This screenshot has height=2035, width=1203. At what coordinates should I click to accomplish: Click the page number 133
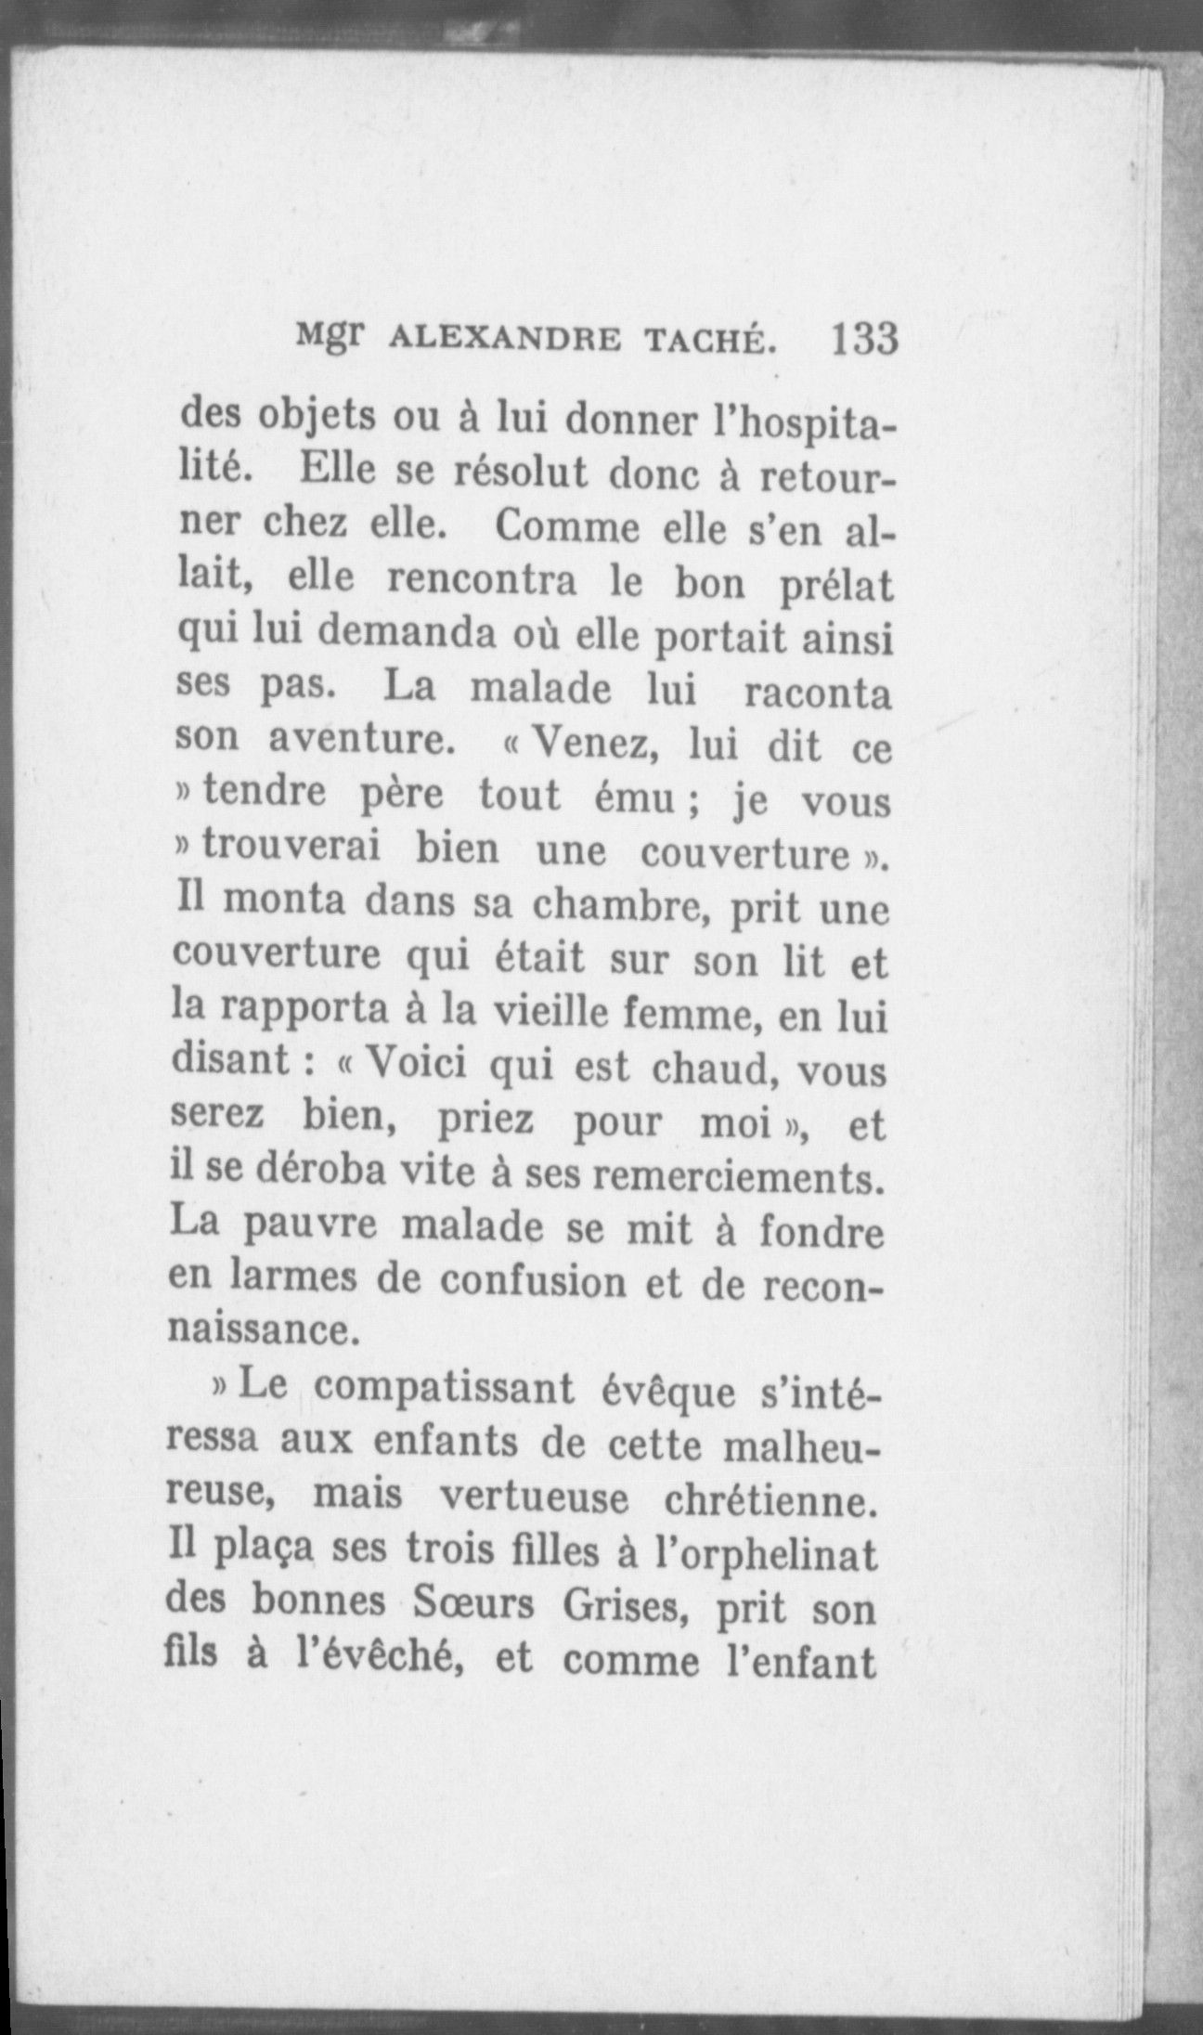(865, 339)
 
